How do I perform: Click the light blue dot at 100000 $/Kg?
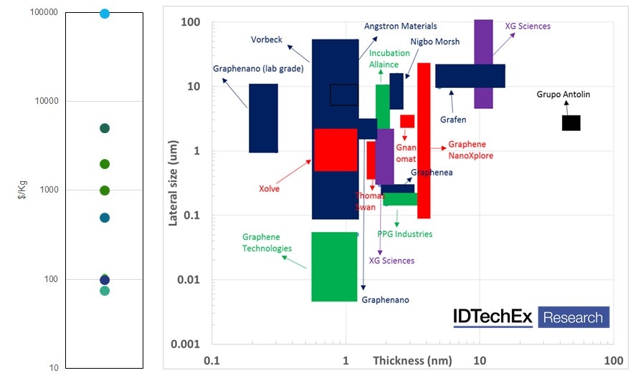pyautogui.click(x=105, y=14)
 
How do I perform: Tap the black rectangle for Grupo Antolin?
pyautogui.click(x=571, y=122)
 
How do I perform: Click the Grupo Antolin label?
pyautogui.click(x=564, y=94)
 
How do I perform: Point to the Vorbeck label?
pyautogui.click(x=265, y=39)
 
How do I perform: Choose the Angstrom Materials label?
pyautogui.click(x=400, y=26)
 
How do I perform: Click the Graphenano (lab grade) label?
pyautogui.click(x=259, y=69)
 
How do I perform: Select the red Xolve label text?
pyautogui.click(x=269, y=189)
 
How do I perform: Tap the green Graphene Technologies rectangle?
pyautogui.click(x=334, y=266)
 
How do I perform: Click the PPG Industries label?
pyautogui.click(x=405, y=234)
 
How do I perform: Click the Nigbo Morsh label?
pyautogui.click(x=435, y=42)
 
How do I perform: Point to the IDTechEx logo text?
pyautogui.click(x=492, y=317)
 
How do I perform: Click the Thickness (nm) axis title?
pyautogui.click(x=412, y=361)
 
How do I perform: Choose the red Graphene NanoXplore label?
pyautogui.click(x=470, y=150)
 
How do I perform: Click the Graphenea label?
pyautogui.click(x=432, y=173)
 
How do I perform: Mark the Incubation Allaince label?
pyautogui.click(x=389, y=59)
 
